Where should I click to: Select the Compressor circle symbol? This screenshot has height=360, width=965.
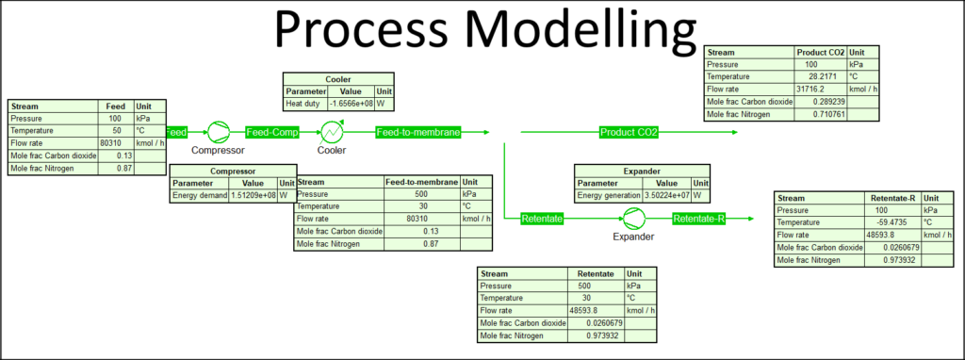click(x=218, y=132)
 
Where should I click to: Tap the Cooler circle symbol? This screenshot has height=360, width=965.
click(x=331, y=132)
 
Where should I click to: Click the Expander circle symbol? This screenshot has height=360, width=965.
click(x=633, y=219)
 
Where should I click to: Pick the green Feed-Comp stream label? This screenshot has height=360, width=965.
click(x=272, y=132)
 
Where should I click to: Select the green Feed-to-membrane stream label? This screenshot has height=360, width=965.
click(x=418, y=132)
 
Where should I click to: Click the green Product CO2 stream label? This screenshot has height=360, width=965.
click(x=629, y=132)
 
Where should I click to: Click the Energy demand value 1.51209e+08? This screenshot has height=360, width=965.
click(x=253, y=196)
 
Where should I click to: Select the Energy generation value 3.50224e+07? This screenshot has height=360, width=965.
click(x=666, y=196)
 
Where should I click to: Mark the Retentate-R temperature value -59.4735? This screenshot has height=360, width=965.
click(x=890, y=222)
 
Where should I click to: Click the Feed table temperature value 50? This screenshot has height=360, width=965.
click(x=113, y=130)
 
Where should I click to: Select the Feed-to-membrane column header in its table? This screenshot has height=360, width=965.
click(x=422, y=182)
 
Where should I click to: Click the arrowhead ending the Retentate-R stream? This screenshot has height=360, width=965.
click(x=750, y=219)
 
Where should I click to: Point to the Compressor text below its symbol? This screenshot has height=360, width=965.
click(x=218, y=150)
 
